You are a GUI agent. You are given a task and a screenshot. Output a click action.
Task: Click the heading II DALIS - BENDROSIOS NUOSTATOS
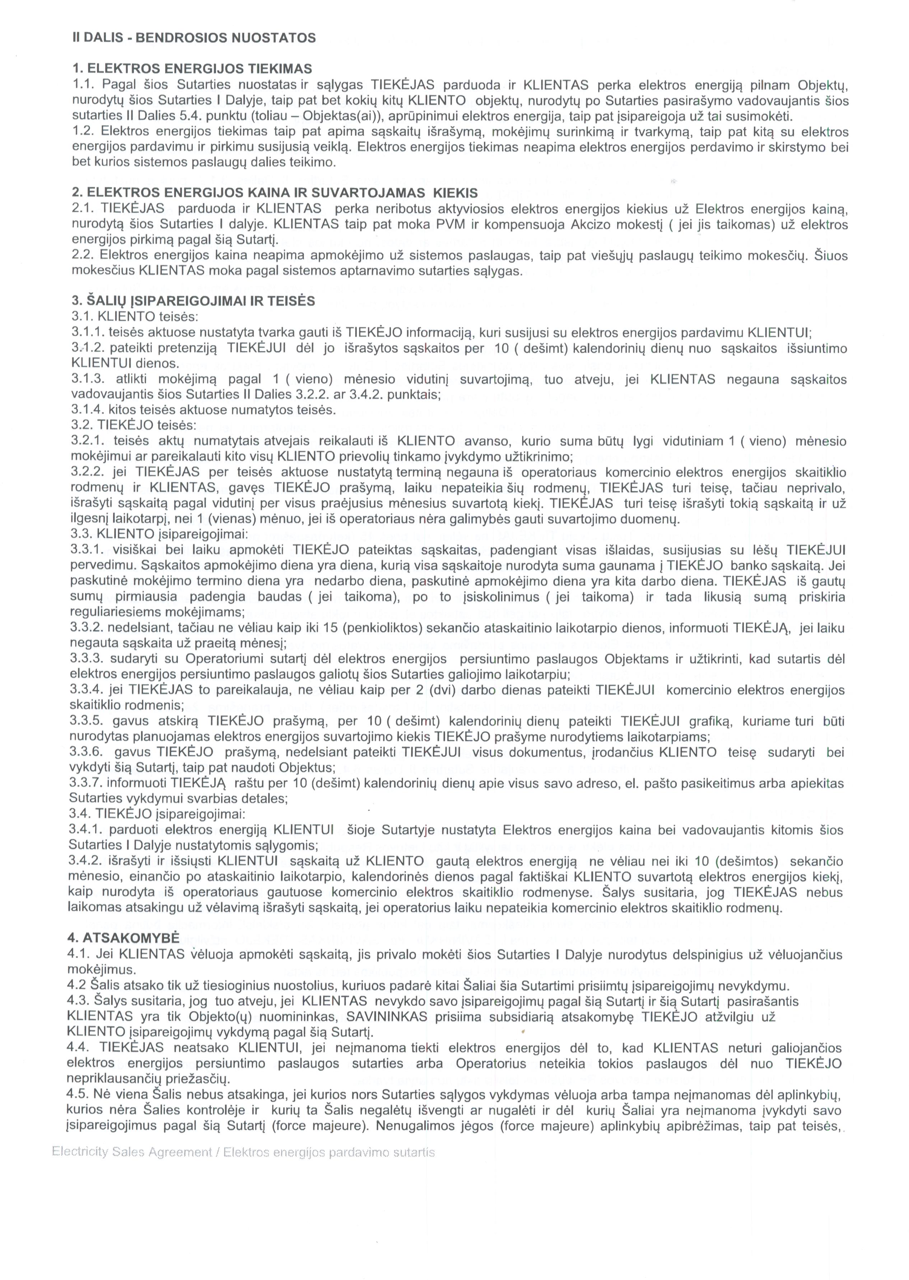click(x=194, y=38)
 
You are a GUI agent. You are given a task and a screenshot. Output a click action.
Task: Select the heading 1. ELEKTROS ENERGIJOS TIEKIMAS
click(x=192, y=69)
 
